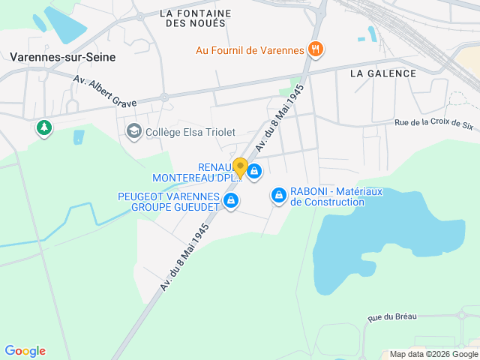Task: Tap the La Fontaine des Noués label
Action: click(x=195, y=18)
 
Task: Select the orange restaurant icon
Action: click(x=316, y=50)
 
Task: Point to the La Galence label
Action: click(x=382, y=73)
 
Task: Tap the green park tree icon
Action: click(x=44, y=128)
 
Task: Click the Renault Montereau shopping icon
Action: click(x=255, y=172)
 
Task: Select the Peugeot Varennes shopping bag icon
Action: click(x=231, y=200)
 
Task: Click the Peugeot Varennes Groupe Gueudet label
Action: click(x=169, y=202)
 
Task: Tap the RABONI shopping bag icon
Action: click(x=279, y=196)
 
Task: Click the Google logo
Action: click(x=25, y=351)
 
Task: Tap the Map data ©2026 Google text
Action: click(x=433, y=354)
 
